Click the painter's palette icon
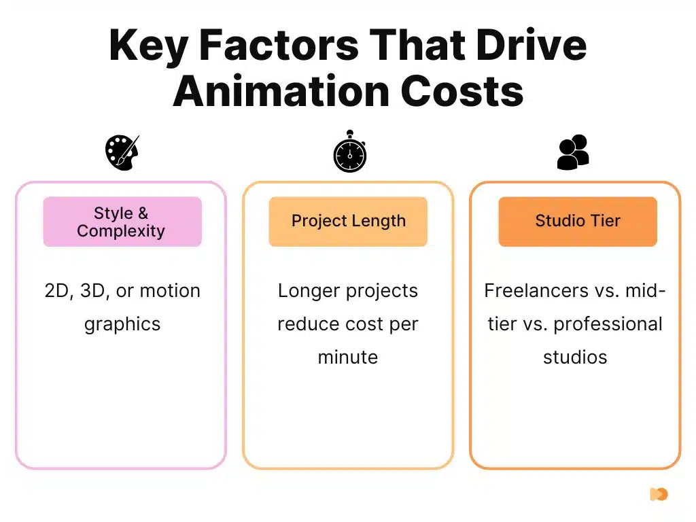[122, 152]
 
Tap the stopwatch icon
[349, 152]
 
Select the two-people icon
[573, 152]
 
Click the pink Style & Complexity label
[122, 222]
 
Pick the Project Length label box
[348, 222]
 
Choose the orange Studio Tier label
[578, 222]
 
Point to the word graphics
[122, 324]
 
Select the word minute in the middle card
[348, 357]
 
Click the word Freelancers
[527, 291]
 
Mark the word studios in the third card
[575, 357]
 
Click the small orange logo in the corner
[658, 494]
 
